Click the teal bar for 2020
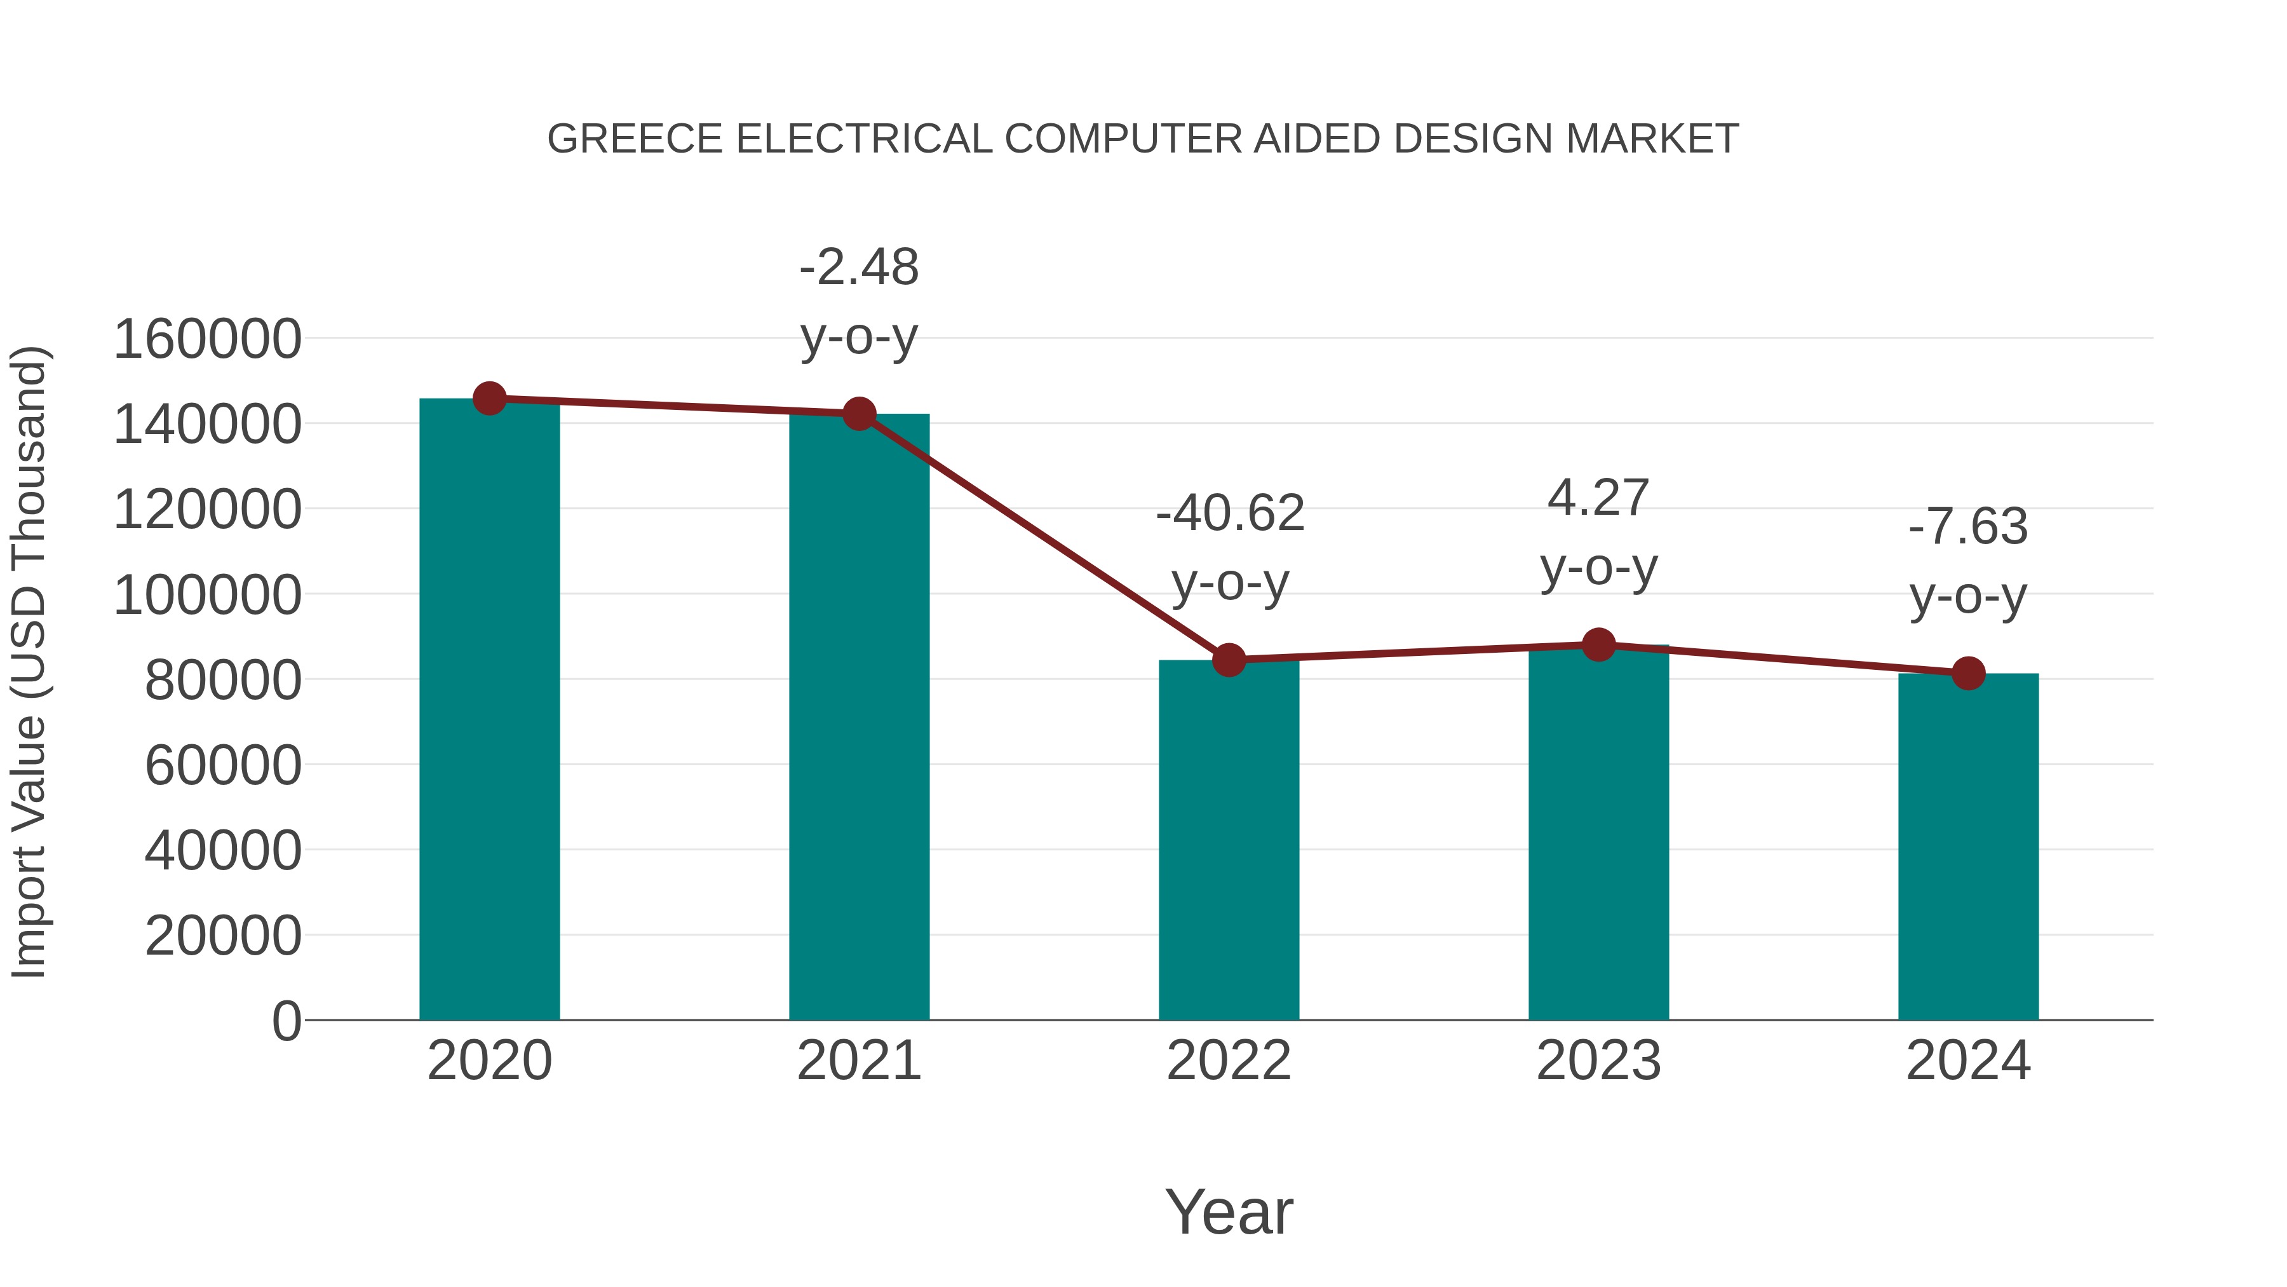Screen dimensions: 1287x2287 point(489,711)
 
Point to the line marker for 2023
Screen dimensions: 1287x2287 point(1598,645)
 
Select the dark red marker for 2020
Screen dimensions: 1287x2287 point(489,398)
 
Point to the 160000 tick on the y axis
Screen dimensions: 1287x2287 point(208,339)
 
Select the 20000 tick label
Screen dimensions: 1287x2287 point(223,936)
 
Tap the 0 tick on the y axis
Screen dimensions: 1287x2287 point(286,1021)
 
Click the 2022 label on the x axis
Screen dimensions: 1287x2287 point(1229,1061)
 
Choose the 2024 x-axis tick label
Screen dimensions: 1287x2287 point(1968,1061)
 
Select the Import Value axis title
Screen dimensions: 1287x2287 point(29,662)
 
